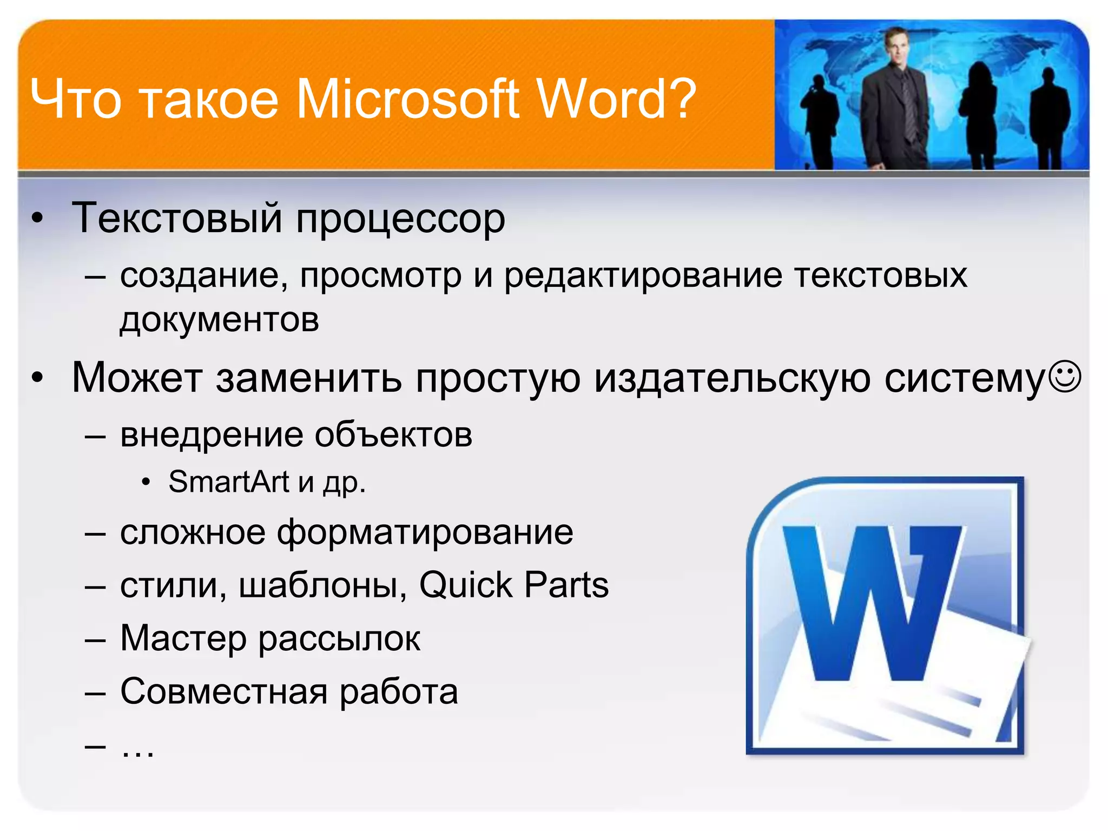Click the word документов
(x=220, y=320)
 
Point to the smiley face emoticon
(x=1065, y=377)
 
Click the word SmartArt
(x=229, y=482)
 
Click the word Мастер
(x=183, y=638)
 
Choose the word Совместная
(x=224, y=691)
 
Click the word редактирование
(x=643, y=276)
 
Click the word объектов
(x=393, y=435)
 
